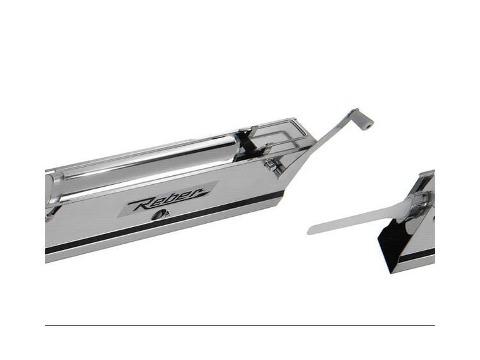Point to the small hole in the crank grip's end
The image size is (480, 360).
(x=370, y=125)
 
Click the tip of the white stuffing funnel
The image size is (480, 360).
(x=308, y=231)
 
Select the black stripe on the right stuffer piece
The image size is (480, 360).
(x=417, y=256)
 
